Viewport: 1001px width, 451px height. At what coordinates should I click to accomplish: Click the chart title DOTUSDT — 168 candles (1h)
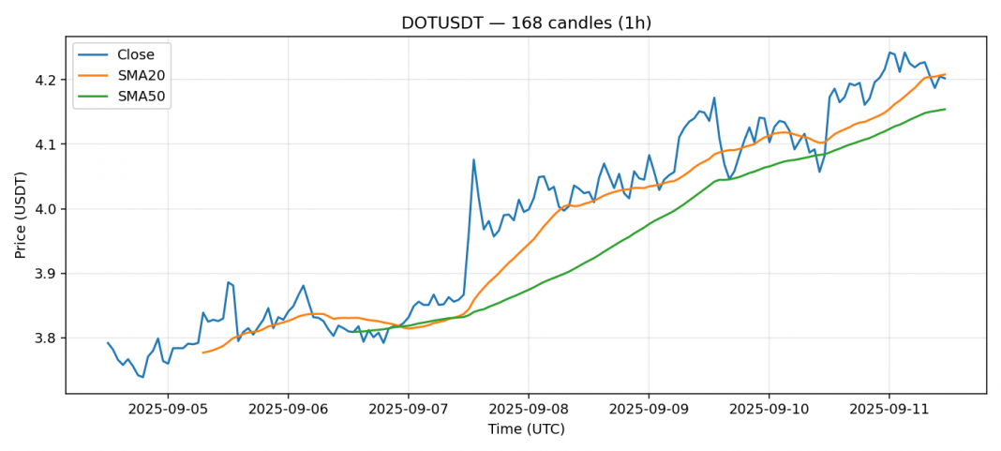526,23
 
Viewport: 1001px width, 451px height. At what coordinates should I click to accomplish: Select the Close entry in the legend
136,54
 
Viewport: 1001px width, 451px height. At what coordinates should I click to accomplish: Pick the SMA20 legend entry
142,75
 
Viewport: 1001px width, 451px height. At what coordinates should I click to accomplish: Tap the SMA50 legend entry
142,95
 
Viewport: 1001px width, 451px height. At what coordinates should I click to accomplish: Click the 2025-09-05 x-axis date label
168,410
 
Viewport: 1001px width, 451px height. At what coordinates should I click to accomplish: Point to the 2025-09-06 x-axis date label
288,410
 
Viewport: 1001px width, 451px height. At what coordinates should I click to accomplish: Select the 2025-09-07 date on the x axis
408,410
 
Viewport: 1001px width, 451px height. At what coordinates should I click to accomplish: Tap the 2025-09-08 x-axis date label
529,410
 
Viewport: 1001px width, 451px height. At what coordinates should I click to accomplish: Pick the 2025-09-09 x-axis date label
649,410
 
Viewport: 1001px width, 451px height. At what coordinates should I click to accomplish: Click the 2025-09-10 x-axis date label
769,410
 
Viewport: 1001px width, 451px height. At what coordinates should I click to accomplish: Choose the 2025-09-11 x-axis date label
889,410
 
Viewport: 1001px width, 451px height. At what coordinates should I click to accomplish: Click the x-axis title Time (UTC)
526,429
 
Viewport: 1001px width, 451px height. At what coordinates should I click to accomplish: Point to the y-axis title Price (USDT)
21,215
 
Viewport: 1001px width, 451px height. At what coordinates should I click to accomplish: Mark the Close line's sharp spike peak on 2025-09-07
473,159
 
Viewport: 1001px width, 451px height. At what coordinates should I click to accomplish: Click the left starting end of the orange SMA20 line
202,353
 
